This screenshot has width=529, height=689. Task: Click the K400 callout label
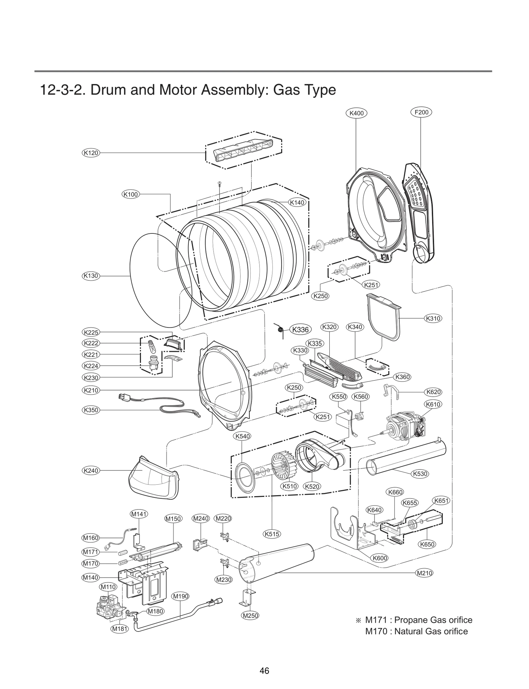coord(356,113)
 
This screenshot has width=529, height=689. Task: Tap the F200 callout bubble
coord(421,112)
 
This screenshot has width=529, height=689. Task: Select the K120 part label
coord(91,153)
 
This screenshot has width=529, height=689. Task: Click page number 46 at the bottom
coord(264,670)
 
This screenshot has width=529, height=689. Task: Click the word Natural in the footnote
coord(408,631)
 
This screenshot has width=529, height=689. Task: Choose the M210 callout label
coord(424,573)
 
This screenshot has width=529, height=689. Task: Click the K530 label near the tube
coord(420,474)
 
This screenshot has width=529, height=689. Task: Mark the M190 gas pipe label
coord(181,596)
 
